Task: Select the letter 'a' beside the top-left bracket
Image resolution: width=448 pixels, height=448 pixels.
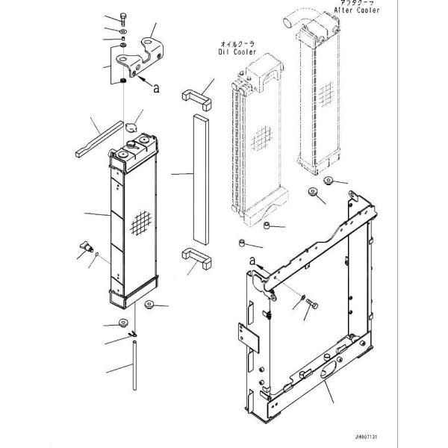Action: pyautogui.click(x=156, y=88)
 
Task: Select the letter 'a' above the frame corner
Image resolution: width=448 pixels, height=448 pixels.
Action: pyautogui.click(x=252, y=259)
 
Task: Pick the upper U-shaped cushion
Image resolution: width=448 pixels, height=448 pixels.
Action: pyautogui.click(x=196, y=98)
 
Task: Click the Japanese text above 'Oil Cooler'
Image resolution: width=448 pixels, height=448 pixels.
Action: pyautogui.click(x=238, y=44)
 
